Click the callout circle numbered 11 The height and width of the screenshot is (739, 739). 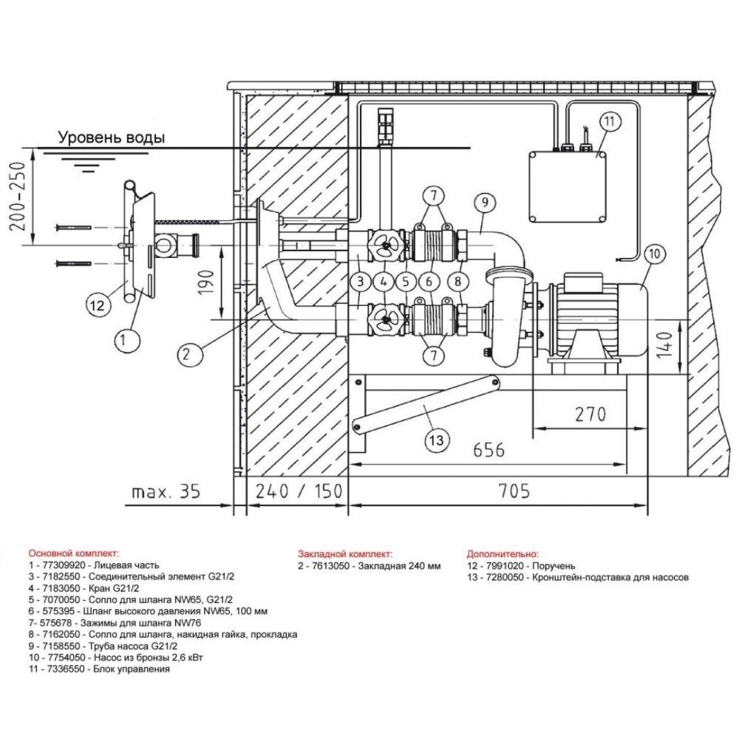point(610,122)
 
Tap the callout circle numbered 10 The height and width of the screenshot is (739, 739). point(655,255)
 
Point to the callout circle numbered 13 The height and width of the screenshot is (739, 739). point(437,440)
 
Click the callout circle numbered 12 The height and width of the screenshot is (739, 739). point(97,305)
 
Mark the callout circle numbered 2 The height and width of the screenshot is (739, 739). point(186,354)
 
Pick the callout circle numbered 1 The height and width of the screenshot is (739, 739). point(123,339)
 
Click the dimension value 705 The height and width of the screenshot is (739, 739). point(514,491)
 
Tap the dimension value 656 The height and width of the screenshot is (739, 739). point(489,450)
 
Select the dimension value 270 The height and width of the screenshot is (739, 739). point(590,414)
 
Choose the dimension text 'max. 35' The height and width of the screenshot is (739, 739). point(166,492)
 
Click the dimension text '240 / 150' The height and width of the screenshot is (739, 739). point(299,491)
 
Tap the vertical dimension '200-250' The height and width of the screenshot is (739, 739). point(17,196)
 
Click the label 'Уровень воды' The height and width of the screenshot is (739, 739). point(112,138)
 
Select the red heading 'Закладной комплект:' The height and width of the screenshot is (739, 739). point(345,554)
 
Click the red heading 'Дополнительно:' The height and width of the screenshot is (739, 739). point(502,554)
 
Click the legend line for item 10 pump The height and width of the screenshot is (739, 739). point(116,658)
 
